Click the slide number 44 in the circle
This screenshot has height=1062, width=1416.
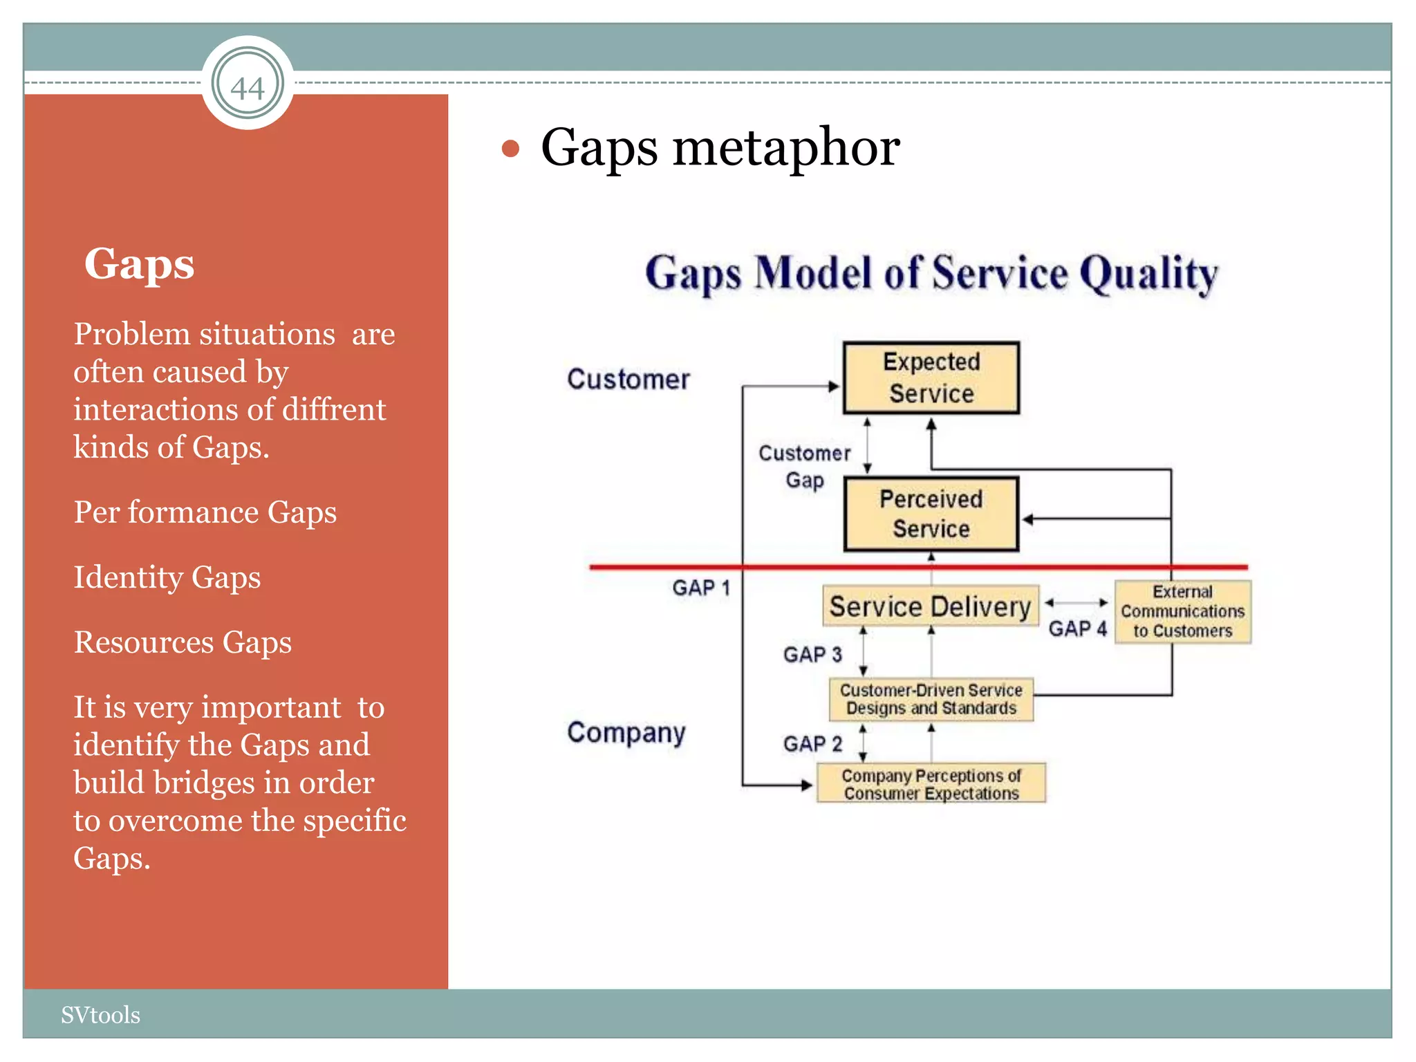(x=248, y=88)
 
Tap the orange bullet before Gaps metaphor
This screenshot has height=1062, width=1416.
(x=510, y=149)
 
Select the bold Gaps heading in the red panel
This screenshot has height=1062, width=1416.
(x=139, y=264)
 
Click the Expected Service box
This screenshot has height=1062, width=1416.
(x=931, y=378)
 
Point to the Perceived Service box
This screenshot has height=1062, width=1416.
(x=931, y=514)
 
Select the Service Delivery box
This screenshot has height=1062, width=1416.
(x=930, y=606)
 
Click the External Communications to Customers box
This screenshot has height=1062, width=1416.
(x=1182, y=612)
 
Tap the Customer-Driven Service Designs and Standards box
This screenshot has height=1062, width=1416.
(x=931, y=699)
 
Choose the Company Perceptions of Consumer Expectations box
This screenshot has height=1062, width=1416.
(x=931, y=784)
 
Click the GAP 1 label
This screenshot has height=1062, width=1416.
(x=700, y=588)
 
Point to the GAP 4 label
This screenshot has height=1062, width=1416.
(x=1077, y=629)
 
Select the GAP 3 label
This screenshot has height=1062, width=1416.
(x=812, y=655)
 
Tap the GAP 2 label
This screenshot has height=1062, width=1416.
(x=812, y=744)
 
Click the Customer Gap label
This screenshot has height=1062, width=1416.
(x=805, y=466)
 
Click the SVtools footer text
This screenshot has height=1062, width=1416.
(x=100, y=1015)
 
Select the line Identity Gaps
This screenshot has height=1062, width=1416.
(x=167, y=577)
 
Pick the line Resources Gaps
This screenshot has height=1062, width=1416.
(x=183, y=642)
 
